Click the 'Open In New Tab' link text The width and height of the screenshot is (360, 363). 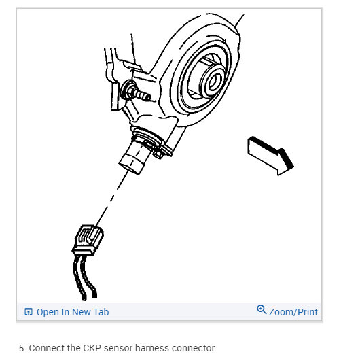pos(73,312)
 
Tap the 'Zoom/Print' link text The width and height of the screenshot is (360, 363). pos(293,312)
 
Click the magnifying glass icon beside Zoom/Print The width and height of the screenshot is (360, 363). pos(262,309)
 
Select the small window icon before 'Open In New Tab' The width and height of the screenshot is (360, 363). pos(29,311)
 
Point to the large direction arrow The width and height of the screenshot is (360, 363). pos(270,156)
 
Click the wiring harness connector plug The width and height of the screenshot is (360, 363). pos(88,240)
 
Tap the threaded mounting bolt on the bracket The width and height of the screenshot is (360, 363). pos(137,92)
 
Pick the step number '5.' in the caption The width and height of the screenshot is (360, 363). pos(22,348)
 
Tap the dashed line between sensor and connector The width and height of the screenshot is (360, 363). pos(112,198)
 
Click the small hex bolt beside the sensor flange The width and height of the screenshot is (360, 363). pos(159,154)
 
